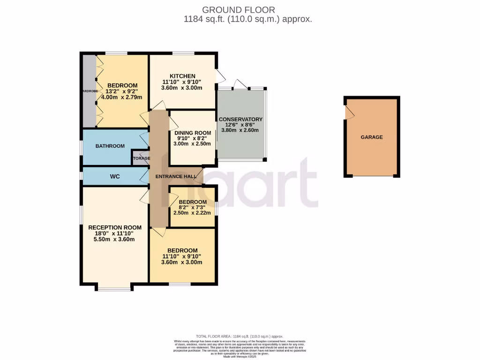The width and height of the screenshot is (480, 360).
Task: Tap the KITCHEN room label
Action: [x=182, y=76]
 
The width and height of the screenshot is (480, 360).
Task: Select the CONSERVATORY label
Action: [x=240, y=120]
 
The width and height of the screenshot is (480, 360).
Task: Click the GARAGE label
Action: [x=371, y=137]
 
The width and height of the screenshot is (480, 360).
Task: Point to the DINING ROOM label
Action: [x=193, y=133]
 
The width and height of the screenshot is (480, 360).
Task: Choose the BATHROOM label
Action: [x=110, y=146]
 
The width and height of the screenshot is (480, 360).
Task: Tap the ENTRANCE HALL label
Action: [x=176, y=176]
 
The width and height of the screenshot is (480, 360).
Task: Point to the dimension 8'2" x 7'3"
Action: [x=193, y=207]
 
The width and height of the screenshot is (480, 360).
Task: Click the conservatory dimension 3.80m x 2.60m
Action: [x=240, y=131]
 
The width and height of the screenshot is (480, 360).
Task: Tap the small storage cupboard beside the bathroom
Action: [x=141, y=158]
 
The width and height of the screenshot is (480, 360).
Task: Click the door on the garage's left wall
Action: [x=347, y=112]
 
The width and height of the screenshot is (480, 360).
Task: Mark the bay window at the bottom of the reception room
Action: [x=114, y=288]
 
